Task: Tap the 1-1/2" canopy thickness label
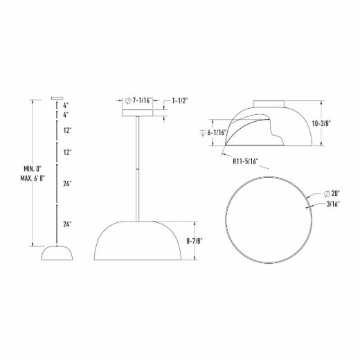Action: (x=180, y=100)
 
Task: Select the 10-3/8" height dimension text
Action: (x=321, y=124)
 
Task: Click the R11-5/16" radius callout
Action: (x=245, y=161)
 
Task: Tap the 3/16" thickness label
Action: (x=333, y=204)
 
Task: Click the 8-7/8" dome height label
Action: (x=195, y=241)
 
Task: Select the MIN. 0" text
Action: (x=33, y=169)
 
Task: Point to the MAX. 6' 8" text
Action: (x=33, y=179)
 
